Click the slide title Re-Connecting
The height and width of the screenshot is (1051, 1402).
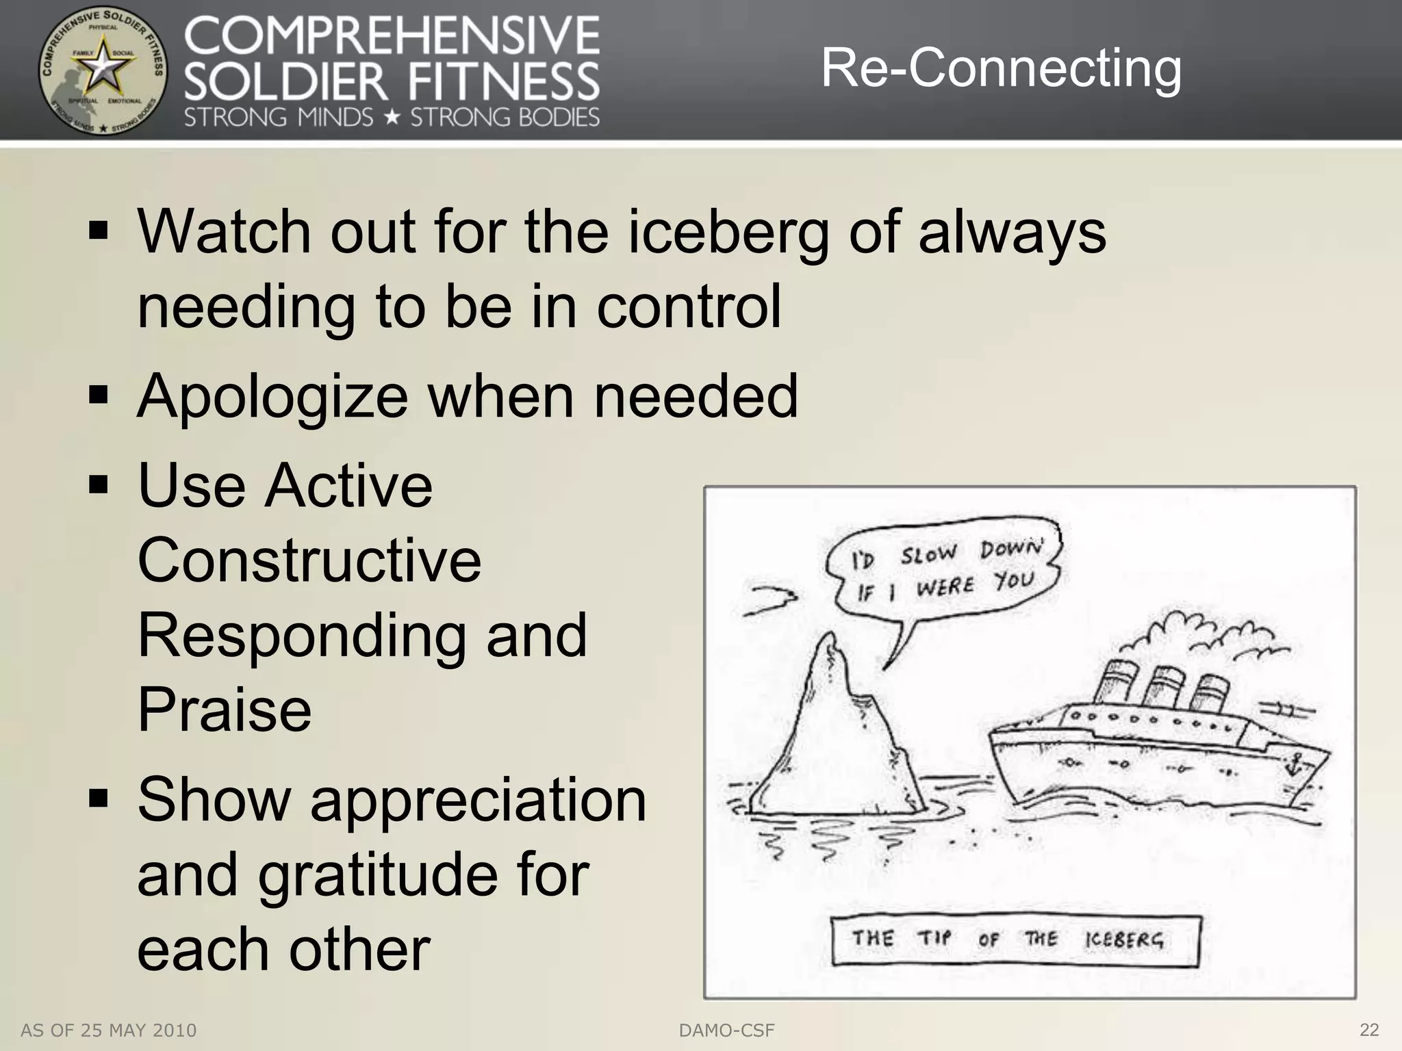tap(1001, 68)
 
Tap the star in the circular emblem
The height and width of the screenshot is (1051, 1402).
tap(103, 68)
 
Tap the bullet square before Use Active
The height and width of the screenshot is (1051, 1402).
tap(99, 485)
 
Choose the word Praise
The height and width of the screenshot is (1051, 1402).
tap(225, 710)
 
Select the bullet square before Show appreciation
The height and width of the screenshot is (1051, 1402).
tap(99, 799)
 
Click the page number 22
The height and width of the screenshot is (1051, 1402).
tap(1369, 1029)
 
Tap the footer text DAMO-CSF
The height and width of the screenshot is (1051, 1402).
tap(726, 1030)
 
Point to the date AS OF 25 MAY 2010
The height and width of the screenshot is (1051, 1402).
tap(109, 1030)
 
